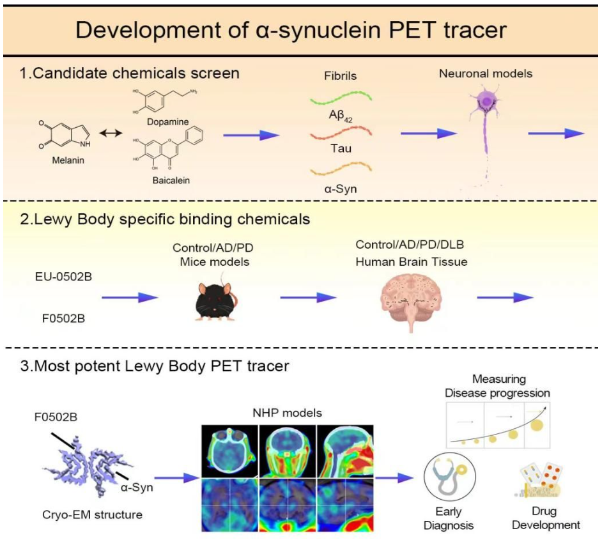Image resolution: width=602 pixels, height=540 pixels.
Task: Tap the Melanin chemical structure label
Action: pyautogui.click(x=68, y=160)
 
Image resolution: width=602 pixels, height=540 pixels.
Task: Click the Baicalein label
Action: pyautogui.click(x=169, y=180)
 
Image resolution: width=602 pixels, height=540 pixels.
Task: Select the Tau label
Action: pyautogui.click(x=339, y=148)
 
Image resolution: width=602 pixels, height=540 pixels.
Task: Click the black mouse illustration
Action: pyautogui.click(x=215, y=298)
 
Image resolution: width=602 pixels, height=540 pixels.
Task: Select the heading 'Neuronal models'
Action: pyautogui.click(x=485, y=73)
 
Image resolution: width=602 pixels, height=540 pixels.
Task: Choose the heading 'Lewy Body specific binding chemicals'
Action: pyautogui.click(x=165, y=219)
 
